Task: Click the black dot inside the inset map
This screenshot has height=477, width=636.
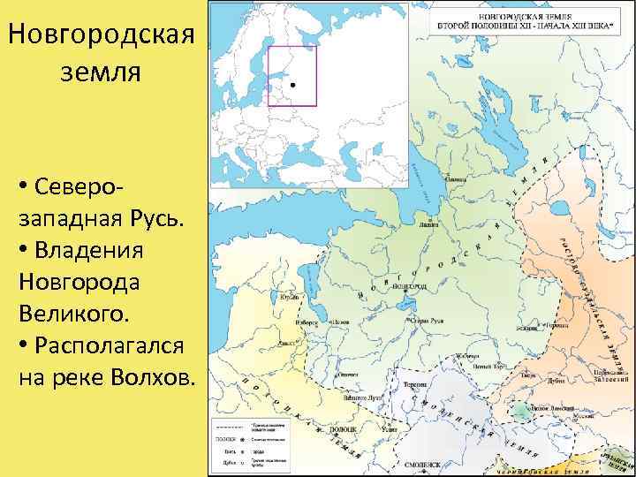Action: pos(291,84)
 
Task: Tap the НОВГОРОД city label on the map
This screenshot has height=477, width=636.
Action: pos(409,287)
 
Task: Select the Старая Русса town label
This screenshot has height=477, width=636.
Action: pos(426,322)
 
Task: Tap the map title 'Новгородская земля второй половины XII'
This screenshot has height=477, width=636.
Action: pos(511,20)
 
